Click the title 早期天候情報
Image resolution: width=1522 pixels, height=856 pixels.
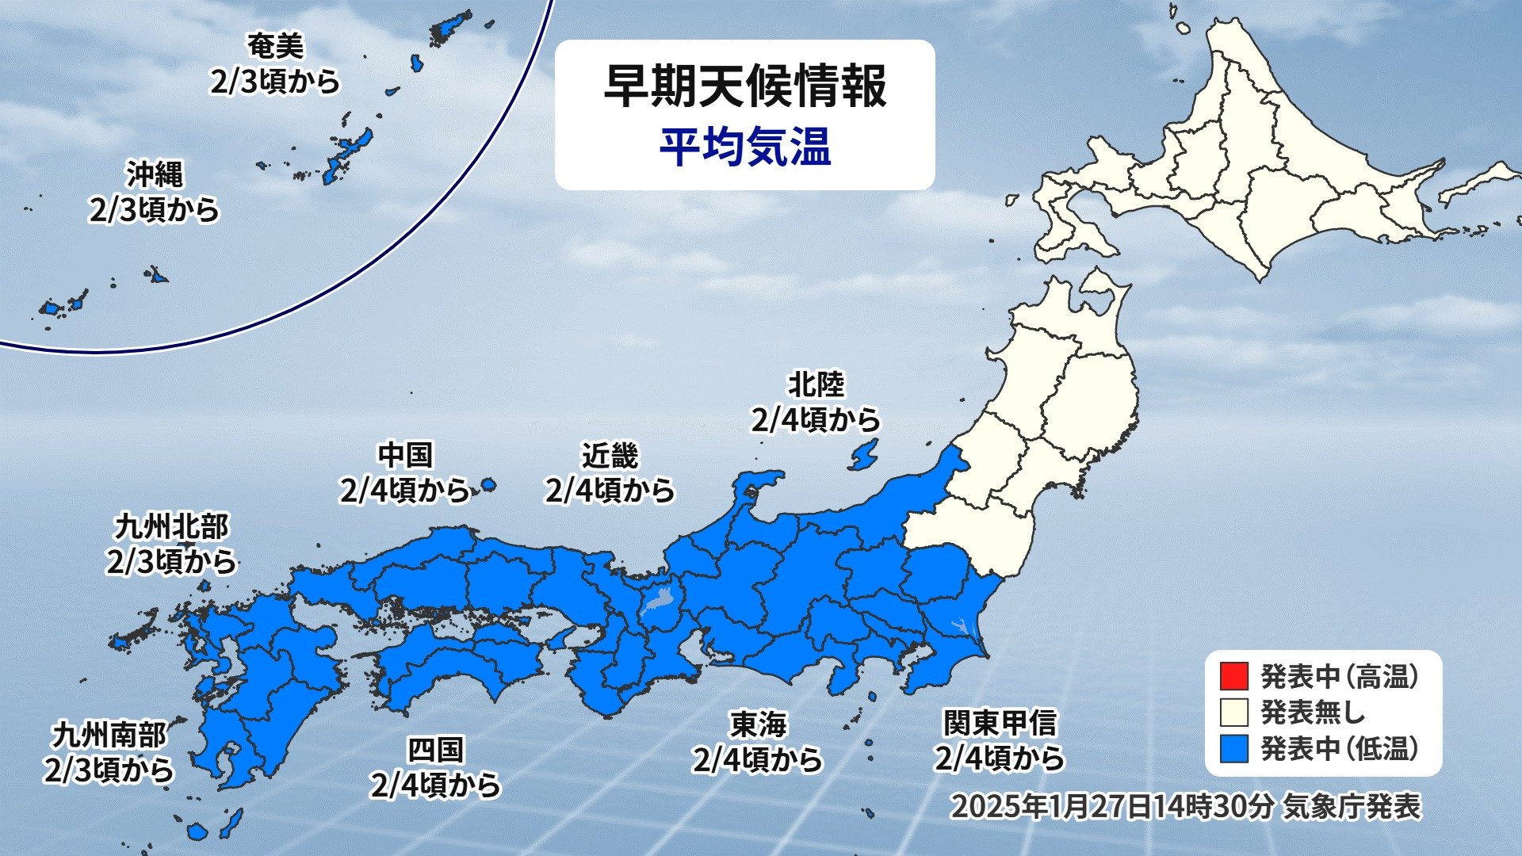pyautogui.click(x=744, y=86)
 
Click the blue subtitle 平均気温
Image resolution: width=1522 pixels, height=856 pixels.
pyautogui.click(x=744, y=147)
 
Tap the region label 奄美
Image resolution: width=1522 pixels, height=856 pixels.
pyautogui.click(x=275, y=47)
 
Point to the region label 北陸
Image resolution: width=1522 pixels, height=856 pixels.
pyautogui.click(x=816, y=385)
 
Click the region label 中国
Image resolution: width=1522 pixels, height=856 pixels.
pyautogui.click(x=405, y=456)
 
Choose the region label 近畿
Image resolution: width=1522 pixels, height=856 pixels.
pyautogui.click(x=610, y=456)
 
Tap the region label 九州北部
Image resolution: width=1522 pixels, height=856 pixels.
pyautogui.click(x=171, y=526)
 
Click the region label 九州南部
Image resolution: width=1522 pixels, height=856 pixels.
pyautogui.click(x=109, y=735)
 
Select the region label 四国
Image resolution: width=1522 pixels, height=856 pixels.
pyautogui.click(x=435, y=749)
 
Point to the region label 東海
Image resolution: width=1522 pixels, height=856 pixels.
pyautogui.click(x=758, y=724)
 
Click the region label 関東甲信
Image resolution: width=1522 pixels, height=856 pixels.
pyautogui.click(x=1000, y=723)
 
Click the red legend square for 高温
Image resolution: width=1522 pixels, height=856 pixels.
pyautogui.click(x=1234, y=676)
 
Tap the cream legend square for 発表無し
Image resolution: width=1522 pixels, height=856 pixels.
pyautogui.click(x=1234, y=712)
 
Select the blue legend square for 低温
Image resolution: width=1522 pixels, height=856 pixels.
pyautogui.click(x=1234, y=748)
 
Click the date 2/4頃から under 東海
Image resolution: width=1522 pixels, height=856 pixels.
pyautogui.click(x=758, y=760)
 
